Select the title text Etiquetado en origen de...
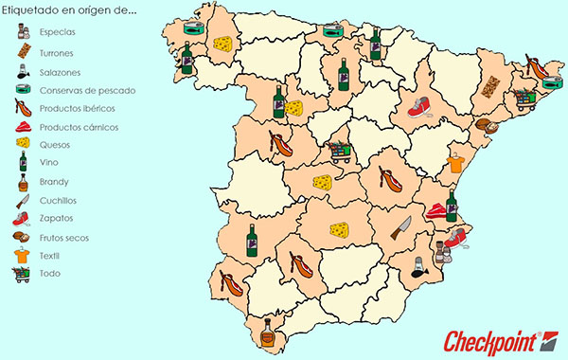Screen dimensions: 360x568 tap(70, 12)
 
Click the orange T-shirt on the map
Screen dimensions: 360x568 tap(455, 162)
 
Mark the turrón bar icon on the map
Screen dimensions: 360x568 tap(490, 86)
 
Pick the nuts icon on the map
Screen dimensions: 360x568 tap(484, 126)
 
